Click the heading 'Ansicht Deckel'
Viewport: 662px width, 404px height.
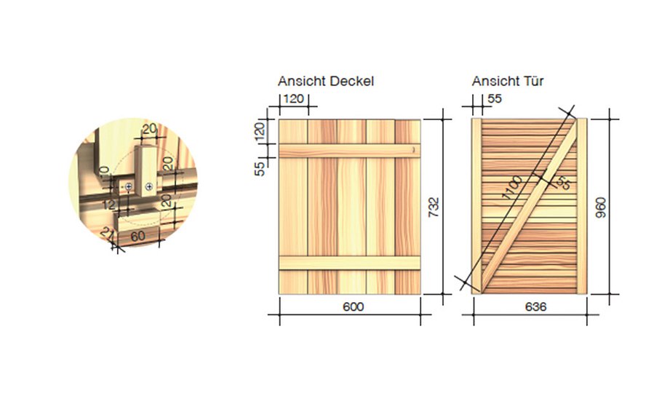click(x=325, y=82)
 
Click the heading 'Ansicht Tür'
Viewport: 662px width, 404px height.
click(x=507, y=82)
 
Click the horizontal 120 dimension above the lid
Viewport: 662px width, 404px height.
click(x=293, y=100)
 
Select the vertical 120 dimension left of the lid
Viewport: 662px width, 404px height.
click(x=260, y=132)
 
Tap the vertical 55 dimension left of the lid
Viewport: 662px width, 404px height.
click(x=260, y=168)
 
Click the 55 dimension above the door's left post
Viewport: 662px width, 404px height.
click(x=495, y=100)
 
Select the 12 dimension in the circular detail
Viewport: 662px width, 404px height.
click(x=108, y=205)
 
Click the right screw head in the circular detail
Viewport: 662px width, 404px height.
click(x=148, y=187)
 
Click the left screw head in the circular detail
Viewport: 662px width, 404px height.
click(x=129, y=188)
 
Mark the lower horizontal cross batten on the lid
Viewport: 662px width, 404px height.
click(x=350, y=263)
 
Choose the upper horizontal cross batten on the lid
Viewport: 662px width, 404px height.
click(x=350, y=150)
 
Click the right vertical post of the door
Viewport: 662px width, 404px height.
click(x=582, y=206)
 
